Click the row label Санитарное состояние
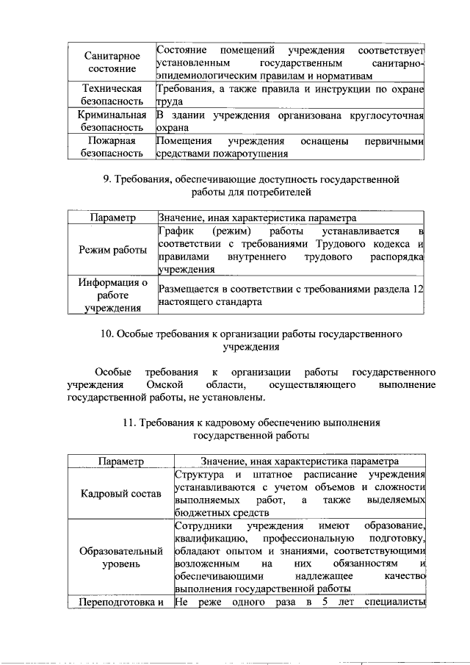click(x=110, y=62)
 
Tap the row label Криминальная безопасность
click(x=110, y=121)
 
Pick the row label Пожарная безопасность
click(x=110, y=148)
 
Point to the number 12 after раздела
click(x=419, y=290)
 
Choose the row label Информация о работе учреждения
click(x=110, y=295)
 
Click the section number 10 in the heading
click(x=106, y=334)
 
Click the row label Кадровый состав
click(x=120, y=493)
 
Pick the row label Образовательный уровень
click(x=120, y=558)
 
